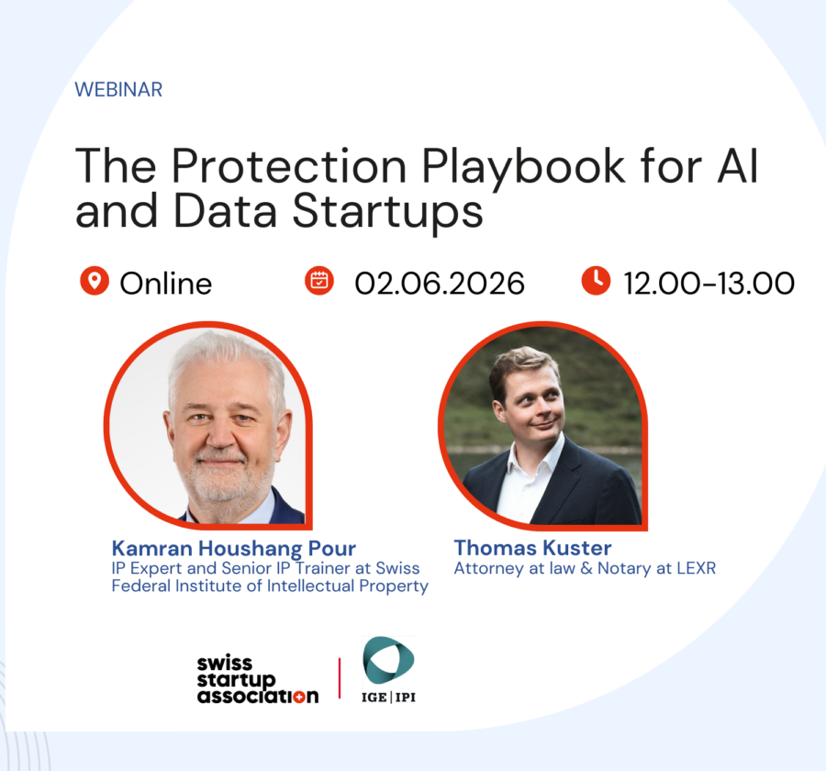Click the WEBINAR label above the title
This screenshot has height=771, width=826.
118,90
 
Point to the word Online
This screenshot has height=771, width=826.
166,283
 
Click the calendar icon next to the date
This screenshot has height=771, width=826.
318,281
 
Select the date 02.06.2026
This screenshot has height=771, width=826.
440,283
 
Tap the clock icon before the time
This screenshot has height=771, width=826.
596,281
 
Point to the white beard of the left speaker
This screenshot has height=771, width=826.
219,482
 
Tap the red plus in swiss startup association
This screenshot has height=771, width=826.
310,696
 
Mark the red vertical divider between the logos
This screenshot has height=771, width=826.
340,677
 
